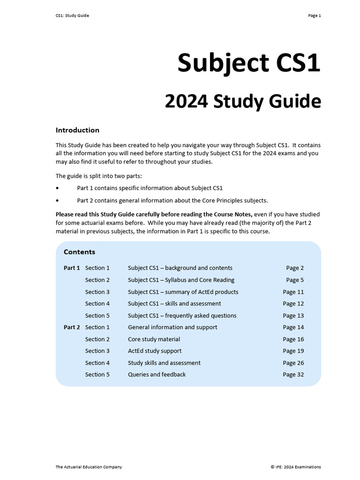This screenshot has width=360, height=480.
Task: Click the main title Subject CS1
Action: pyautogui.click(x=248, y=63)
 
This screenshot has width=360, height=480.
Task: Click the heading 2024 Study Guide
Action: pyautogui.click(x=242, y=102)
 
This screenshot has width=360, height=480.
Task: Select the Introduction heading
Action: pyautogui.click(x=77, y=130)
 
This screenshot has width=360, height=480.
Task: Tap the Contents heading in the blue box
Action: pyautogui.click(x=79, y=252)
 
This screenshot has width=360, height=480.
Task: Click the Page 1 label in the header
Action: pyautogui.click(x=314, y=15)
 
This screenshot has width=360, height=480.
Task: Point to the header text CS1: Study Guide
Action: pyautogui.click(x=72, y=15)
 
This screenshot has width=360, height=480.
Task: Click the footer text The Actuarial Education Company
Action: pyautogui.click(x=89, y=467)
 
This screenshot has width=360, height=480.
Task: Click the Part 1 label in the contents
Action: pyautogui.click(x=72, y=268)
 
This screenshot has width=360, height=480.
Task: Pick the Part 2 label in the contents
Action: pyautogui.click(x=72, y=327)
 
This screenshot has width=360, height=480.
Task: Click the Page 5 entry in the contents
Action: pyautogui.click(x=295, y=280)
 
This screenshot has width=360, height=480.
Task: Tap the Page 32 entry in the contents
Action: pyautogui.click(x=293, y=375)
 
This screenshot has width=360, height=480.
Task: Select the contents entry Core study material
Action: pyautogui.click(x=154, y=339)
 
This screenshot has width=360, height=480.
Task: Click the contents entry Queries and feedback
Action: pyautogui.click(x=157, y=375)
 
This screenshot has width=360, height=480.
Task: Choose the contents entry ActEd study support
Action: pyautogui.click(x=155, y=351)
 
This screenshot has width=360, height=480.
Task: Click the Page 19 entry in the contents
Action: pyautogui.click(x=293, y=351)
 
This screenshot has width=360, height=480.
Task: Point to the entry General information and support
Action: pyautogui.click(x=172, y=327)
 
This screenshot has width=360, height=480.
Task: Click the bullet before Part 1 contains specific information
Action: pyautogui.click(x=58, y=188)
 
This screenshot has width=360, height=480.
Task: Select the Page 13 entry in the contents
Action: pyautogui.click(x=293, y=315)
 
